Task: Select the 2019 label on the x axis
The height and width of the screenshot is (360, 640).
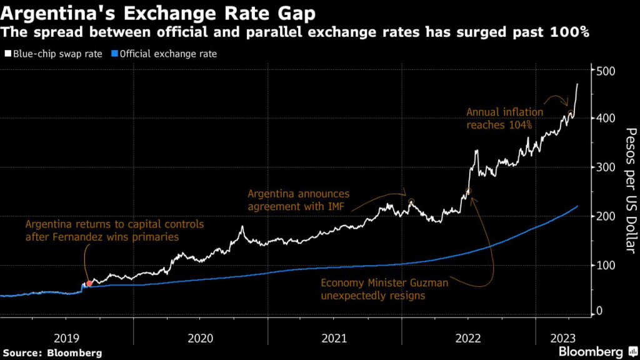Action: click(66, 338)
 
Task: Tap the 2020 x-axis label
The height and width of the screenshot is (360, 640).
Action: click(200, 338)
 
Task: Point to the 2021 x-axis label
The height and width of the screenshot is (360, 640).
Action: click(334, 338)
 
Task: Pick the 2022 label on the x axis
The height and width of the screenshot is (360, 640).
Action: click(469, 338)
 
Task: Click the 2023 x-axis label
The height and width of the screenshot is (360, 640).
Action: click(564, 338)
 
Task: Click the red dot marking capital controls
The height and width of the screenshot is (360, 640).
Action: click(89, 284)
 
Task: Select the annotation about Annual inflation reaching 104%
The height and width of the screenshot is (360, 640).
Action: click(505, 118)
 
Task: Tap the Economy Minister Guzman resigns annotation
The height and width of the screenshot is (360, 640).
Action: click(385, 289)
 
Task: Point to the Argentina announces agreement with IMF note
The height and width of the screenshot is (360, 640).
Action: click(299, 200)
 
